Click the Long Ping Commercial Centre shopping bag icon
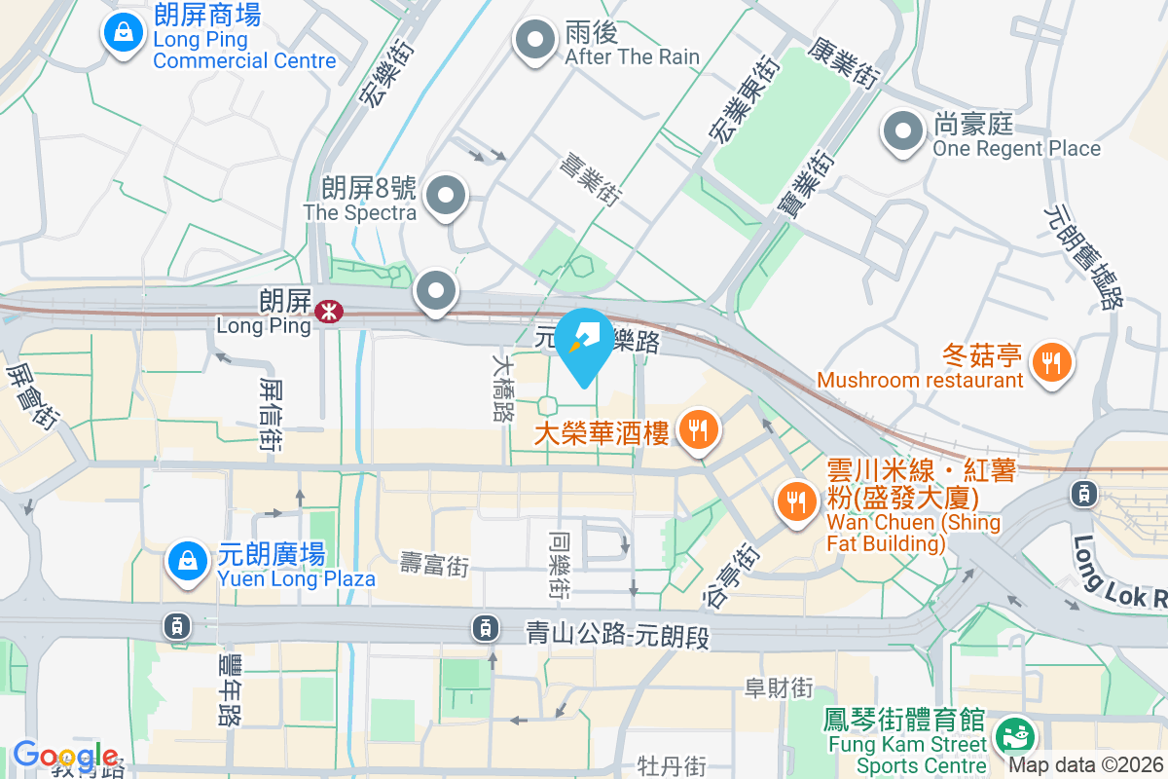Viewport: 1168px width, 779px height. tap(124, 33)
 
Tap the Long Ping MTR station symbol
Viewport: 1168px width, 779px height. tap(328, 311)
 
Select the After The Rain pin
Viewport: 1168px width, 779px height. tap(534, 41)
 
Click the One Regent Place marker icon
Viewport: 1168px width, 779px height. tap(902, 131)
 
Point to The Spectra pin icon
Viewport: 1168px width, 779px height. tap(446, 195)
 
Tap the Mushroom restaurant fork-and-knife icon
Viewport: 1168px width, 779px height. tap(1049, 362)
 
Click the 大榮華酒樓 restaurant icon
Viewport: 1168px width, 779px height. tap(697, 427)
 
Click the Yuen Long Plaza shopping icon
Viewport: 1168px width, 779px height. tap(186, 561)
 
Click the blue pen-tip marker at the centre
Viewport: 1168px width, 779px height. tap(584, 340)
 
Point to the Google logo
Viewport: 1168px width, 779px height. tap(64, 756)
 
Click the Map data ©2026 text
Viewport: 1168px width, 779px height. tap(1085, 765)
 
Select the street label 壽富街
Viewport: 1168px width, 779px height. tap(435, 564)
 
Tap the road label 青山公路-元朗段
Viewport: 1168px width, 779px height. tap(618, 636)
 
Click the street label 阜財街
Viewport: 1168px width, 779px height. tap(778, 687)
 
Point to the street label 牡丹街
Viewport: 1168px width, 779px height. tap(672, 766)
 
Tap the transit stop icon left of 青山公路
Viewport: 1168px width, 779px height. tap(485, 628)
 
